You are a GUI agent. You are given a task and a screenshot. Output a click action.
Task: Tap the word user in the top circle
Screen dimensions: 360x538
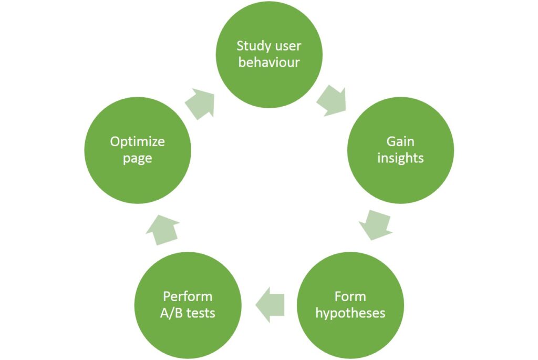287,46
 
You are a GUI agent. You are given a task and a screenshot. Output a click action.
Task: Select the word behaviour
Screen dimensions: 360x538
269,63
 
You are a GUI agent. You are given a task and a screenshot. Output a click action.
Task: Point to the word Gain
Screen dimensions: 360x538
400,141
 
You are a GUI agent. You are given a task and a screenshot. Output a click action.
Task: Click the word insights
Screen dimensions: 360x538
400,158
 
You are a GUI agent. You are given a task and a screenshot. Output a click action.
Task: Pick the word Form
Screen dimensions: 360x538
350,296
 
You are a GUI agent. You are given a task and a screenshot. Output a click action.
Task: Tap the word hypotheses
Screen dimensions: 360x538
350,313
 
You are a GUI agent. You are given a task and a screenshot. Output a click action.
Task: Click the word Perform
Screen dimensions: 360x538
188,296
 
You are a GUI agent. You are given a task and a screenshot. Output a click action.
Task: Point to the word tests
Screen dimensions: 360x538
200,313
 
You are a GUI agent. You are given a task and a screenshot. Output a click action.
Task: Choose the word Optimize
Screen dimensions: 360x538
137,141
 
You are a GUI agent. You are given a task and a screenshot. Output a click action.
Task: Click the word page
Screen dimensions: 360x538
137,158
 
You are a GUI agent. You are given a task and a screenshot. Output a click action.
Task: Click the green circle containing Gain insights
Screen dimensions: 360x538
400,150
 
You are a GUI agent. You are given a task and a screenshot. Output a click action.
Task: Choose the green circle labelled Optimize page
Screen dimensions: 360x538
137,150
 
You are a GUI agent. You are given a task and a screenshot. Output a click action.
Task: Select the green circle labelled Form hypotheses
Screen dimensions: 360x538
350,305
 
